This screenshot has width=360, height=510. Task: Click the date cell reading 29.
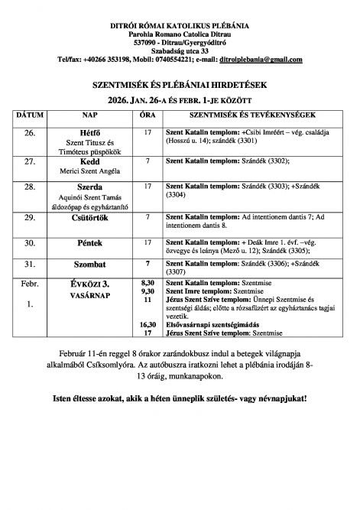coord(30,218)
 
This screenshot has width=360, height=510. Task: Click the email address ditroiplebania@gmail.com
coord(260,59)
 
